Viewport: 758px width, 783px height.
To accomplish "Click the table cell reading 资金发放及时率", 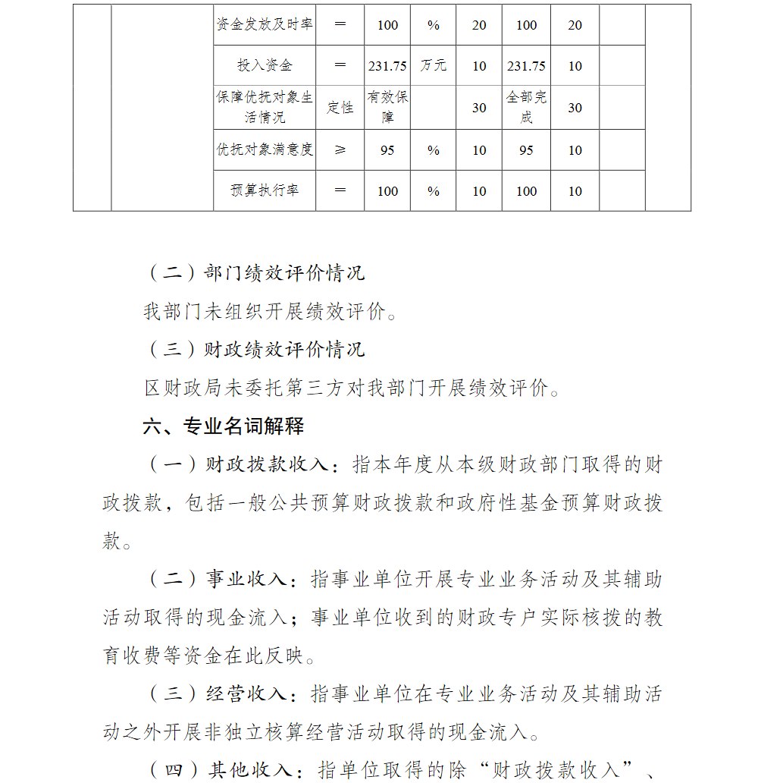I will click(265, 25).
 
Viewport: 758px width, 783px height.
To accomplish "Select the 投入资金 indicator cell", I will click(265, 66).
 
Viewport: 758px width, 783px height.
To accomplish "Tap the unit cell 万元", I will click(433, 66).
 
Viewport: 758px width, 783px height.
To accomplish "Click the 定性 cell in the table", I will click(340, 108).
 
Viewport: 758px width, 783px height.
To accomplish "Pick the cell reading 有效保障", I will click(387, 108).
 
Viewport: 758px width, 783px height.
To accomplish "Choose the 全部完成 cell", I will click(526, 108).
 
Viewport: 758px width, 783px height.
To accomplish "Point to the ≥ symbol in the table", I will click(340, 150).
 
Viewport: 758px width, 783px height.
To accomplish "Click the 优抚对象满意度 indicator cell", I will click(265, 150).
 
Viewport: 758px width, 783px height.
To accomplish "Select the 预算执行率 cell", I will click(265, 191).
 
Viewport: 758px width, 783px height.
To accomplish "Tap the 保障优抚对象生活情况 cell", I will click(265, 108).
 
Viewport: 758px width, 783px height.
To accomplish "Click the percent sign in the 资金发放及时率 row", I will click(433, 25).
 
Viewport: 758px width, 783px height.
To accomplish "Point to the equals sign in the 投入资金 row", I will click(340, 66).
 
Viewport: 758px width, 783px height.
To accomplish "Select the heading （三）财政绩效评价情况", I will click(255, 350).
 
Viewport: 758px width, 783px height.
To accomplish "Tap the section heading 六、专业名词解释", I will click(224, 426).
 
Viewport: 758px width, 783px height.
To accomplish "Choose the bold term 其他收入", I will click(251, 769).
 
